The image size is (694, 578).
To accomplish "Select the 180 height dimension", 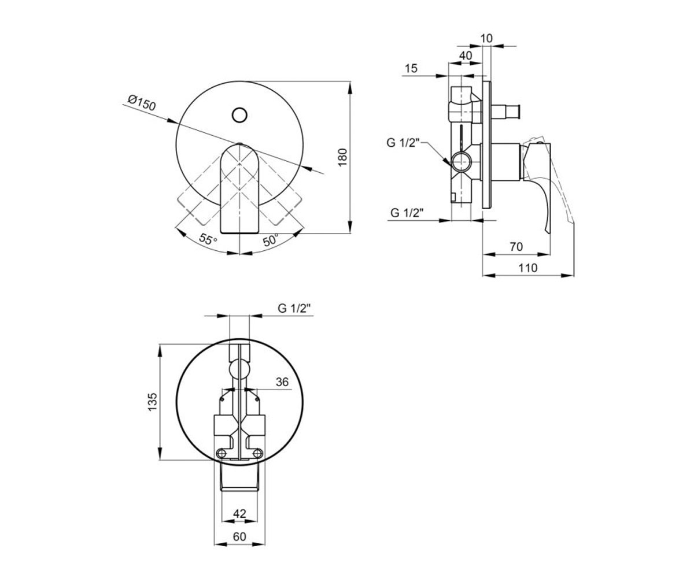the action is [342, 157].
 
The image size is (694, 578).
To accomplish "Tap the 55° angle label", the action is [208, 239].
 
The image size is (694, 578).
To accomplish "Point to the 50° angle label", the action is [271, 240].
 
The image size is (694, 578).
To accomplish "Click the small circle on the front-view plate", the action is [239, 115].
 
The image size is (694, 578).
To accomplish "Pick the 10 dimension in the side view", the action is [486, 39].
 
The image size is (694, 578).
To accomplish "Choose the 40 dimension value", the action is [466, 55].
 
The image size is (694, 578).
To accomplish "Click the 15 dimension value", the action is [411, 68].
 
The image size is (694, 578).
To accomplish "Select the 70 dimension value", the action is [516, 247].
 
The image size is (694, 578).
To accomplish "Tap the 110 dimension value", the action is [528, 268].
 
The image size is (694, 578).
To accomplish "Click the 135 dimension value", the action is [152, 402].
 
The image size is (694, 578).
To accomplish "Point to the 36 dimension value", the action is [282, 382].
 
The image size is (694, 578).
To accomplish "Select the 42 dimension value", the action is [239, 514].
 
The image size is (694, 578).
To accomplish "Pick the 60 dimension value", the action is [239, 536].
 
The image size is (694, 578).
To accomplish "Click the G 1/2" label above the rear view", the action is [294, 308].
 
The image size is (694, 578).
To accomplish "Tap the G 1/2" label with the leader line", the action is [403, 143].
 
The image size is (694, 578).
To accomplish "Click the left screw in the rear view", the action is [222, 453].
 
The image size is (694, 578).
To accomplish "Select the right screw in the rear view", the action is [257, 453].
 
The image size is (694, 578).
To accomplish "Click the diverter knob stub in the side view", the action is [505, 112].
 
